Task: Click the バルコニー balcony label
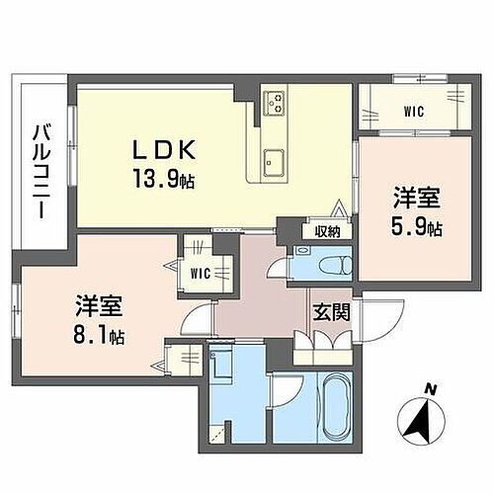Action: [x=41, y=164]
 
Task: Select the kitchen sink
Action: [x=274, y=158]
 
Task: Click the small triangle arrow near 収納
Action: [x=340, y=210]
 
